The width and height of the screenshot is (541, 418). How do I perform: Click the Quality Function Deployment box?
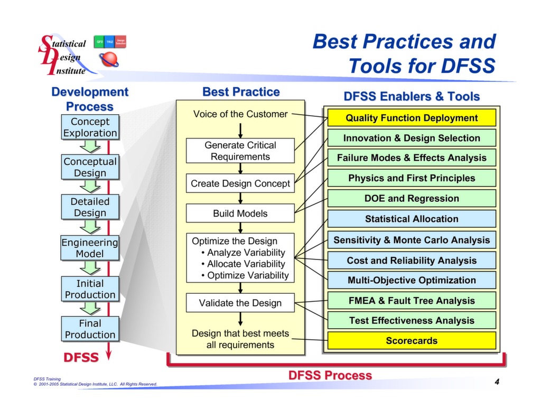[x=412, y=118]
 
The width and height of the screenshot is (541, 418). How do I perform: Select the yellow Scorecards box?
[x=412, y=341]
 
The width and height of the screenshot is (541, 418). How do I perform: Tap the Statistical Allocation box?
[x=412, y=219]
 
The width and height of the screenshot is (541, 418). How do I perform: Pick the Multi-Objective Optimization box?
[x=412, y=280]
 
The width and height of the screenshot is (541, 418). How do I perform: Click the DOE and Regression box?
[x=412, y=199]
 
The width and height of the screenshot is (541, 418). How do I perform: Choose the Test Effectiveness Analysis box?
[x=412, y=320]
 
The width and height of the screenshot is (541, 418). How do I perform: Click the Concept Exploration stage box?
[x=90, y=127]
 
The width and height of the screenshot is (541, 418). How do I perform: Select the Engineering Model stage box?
[x=90, y=248]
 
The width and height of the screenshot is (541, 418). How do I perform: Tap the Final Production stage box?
[x=90, y=329]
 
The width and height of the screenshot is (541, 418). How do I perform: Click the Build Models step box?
[x=240, y=213]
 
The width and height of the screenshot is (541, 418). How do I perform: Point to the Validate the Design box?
[x=240, y=303]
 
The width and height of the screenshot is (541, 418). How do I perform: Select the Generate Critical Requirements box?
[x=240, y=151]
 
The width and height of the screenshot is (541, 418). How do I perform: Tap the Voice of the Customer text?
[x=240, y=114]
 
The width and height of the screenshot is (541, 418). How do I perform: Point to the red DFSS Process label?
[x=330, y=375]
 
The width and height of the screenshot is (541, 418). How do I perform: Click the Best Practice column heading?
[x=241, y=92]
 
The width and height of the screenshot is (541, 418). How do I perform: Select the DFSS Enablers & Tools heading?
[x=412, y=97]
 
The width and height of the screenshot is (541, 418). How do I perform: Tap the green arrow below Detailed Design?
[x=90, y=227]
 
